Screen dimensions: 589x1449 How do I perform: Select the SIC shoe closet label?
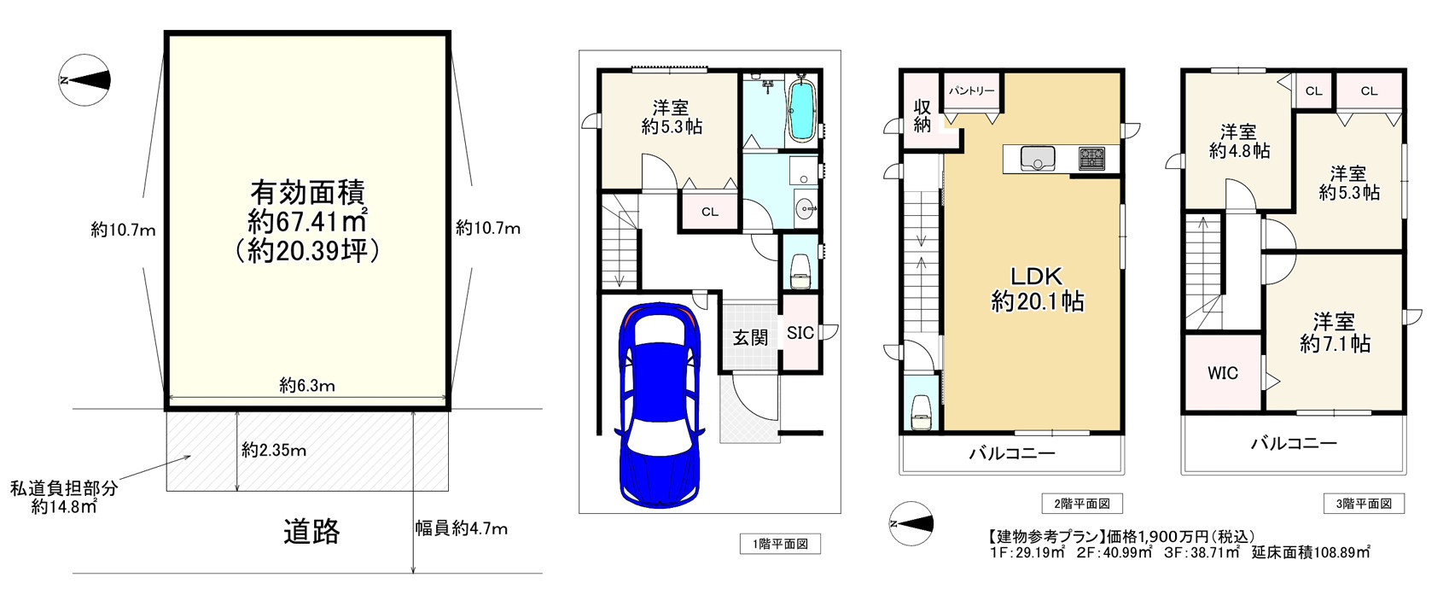pos(800,333)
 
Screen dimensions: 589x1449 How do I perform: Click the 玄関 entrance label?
pos(749,337)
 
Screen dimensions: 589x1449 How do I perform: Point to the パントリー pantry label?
pos(971,90)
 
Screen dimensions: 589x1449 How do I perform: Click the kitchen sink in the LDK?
pos(1037,158)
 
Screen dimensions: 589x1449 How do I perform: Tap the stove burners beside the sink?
pos(1091,158)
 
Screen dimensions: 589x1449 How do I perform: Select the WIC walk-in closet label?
pos(1222,373)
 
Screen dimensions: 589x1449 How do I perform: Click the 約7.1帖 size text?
pos(1336,344)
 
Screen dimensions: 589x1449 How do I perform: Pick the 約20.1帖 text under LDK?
pos(1037,301)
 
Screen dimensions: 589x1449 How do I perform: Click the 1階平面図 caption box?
pos(779,544)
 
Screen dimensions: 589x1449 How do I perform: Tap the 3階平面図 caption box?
pos(1363,504)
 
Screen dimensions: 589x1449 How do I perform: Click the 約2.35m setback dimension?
pos(273,450)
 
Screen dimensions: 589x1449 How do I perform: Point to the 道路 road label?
pos(311,532)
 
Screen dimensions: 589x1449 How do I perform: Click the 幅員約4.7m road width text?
pos(461,528)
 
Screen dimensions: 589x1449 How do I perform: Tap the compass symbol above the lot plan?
pos(84,80)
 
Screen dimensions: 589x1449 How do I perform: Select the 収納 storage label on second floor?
pos(922,116)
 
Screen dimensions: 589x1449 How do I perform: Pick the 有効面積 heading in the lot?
pos(307,190)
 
